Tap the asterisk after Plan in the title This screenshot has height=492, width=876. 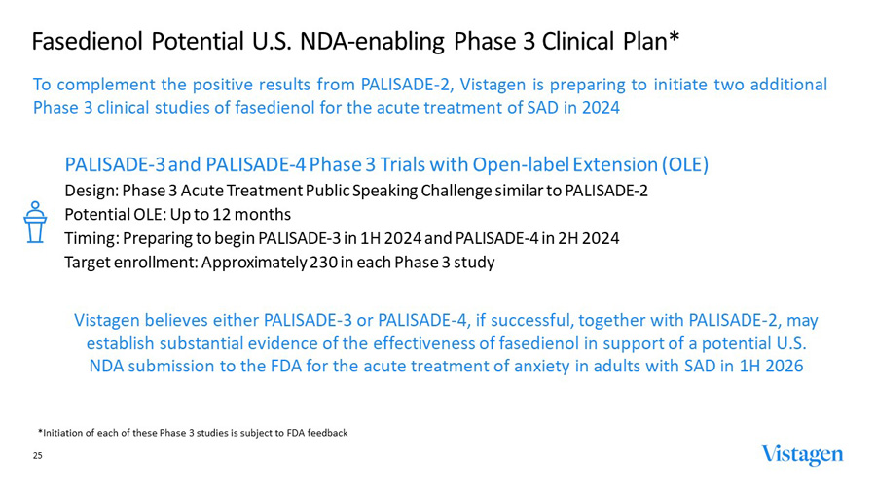click(673, 39)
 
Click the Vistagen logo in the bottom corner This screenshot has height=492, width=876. click(802, 455)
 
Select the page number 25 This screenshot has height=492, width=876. click(38, 455)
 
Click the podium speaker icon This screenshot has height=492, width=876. click(36, 224)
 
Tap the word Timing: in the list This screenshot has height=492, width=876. click(91, 238)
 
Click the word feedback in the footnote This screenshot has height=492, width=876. click(323, 432)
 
